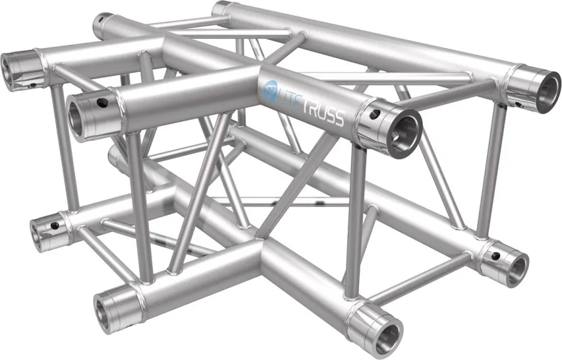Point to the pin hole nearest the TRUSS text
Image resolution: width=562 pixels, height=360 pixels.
(x=374, y=114)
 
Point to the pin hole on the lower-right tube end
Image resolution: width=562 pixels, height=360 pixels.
(x=496, y=256)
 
